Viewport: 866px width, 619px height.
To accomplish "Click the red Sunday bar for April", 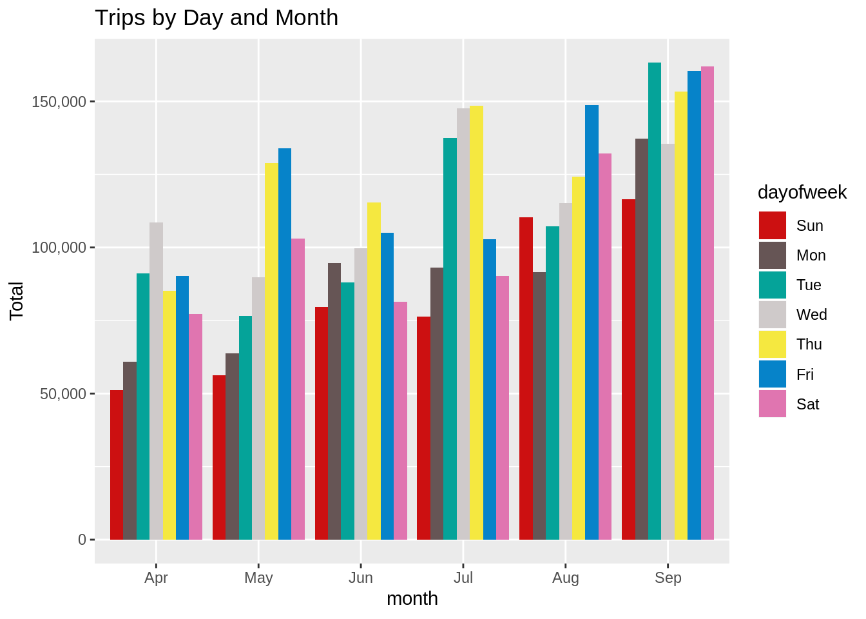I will click(x=117, y=465).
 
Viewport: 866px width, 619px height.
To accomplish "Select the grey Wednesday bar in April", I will click(x=156, y=381).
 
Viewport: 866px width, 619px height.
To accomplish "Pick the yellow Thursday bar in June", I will click(x=374, y=371).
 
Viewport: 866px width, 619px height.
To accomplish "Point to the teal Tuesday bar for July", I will click(x=450, y=339).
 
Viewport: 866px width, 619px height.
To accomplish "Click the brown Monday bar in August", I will click(x=539, y=406).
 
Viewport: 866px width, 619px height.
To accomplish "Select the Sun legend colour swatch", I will click(x=773, y=226).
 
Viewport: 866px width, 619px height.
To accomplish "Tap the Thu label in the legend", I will click(x=809, y=344).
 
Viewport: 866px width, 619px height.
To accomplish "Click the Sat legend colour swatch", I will click(x=773, y=404).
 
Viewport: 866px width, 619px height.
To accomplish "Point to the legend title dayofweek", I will click(x=802, y=192).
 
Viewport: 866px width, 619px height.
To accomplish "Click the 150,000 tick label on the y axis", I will click(x=59, y=102).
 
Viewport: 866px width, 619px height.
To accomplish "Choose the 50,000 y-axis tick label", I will click(x=63, y=394).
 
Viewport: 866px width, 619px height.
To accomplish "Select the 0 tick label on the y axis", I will click(x=82, y=540).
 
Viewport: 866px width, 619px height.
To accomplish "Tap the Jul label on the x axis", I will click(x=463, y=578).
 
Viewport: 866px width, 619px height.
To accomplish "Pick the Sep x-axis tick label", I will click(x=668, y=578).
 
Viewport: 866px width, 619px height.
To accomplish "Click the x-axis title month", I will click(x=412, y=599).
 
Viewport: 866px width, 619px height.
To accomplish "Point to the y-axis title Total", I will click(x=17, y=301).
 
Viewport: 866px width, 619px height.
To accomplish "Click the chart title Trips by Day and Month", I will click(x=216, y=18).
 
